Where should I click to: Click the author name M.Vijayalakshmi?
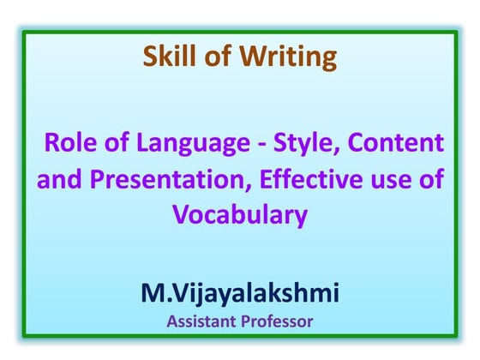240,294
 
